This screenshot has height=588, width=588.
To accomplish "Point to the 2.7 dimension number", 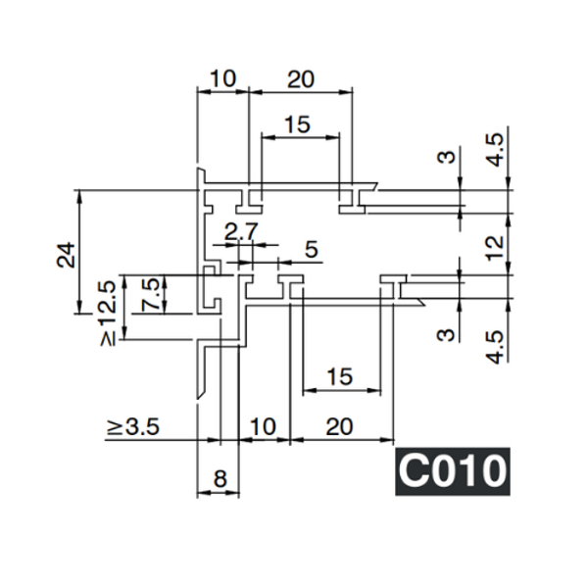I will [x=241, y=233].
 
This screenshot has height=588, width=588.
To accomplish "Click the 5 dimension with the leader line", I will [x=311, y=250].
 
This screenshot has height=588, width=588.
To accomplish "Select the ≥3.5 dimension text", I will [x=133, y=427].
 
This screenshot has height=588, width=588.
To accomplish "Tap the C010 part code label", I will [x=452, y=471].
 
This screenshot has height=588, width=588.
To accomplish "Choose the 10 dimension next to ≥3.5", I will [x=264, y=427].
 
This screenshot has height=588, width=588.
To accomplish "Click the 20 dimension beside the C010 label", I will [x=338, y=427].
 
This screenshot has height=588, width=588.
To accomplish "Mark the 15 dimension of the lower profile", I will [x=339, y=376].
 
